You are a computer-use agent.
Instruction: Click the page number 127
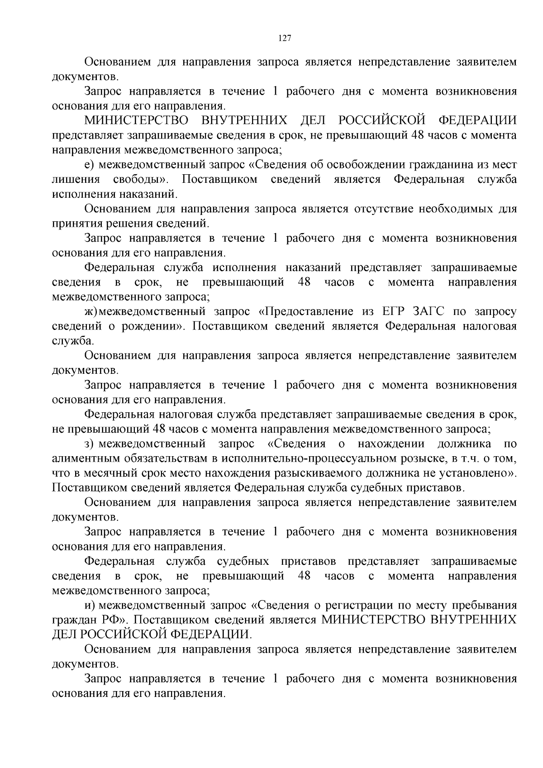pyautogui.click(x=284, y=38)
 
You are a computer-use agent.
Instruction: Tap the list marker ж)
pyautogui.click(x=91, y=311)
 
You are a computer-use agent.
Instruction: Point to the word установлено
pyautogui.click(x=475, y=473)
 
